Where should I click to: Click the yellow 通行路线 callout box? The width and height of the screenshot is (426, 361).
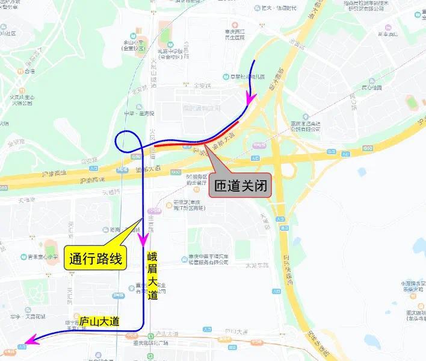(95, 259)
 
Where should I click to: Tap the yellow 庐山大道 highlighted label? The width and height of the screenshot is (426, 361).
(99, 321)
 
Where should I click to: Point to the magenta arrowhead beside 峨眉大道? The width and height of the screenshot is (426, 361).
(144, 240)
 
